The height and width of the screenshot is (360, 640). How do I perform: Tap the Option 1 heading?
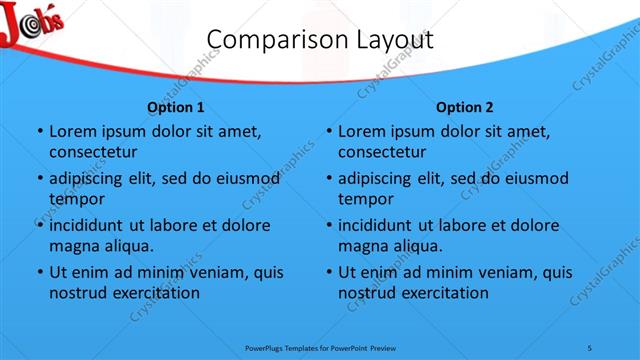coord(176,107)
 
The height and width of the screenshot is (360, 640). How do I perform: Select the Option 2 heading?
coord(465,107)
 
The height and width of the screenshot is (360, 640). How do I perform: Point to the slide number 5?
coord(590,347)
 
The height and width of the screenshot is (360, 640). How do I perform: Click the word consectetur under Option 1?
coord(93,152)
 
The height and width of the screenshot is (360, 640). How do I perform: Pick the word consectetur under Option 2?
coord(382,152)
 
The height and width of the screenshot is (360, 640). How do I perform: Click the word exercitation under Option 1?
coord(157,292)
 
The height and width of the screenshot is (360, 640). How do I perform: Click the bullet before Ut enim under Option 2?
coord(328,272)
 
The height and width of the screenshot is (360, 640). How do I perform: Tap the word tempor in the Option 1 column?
coord(77,198)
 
